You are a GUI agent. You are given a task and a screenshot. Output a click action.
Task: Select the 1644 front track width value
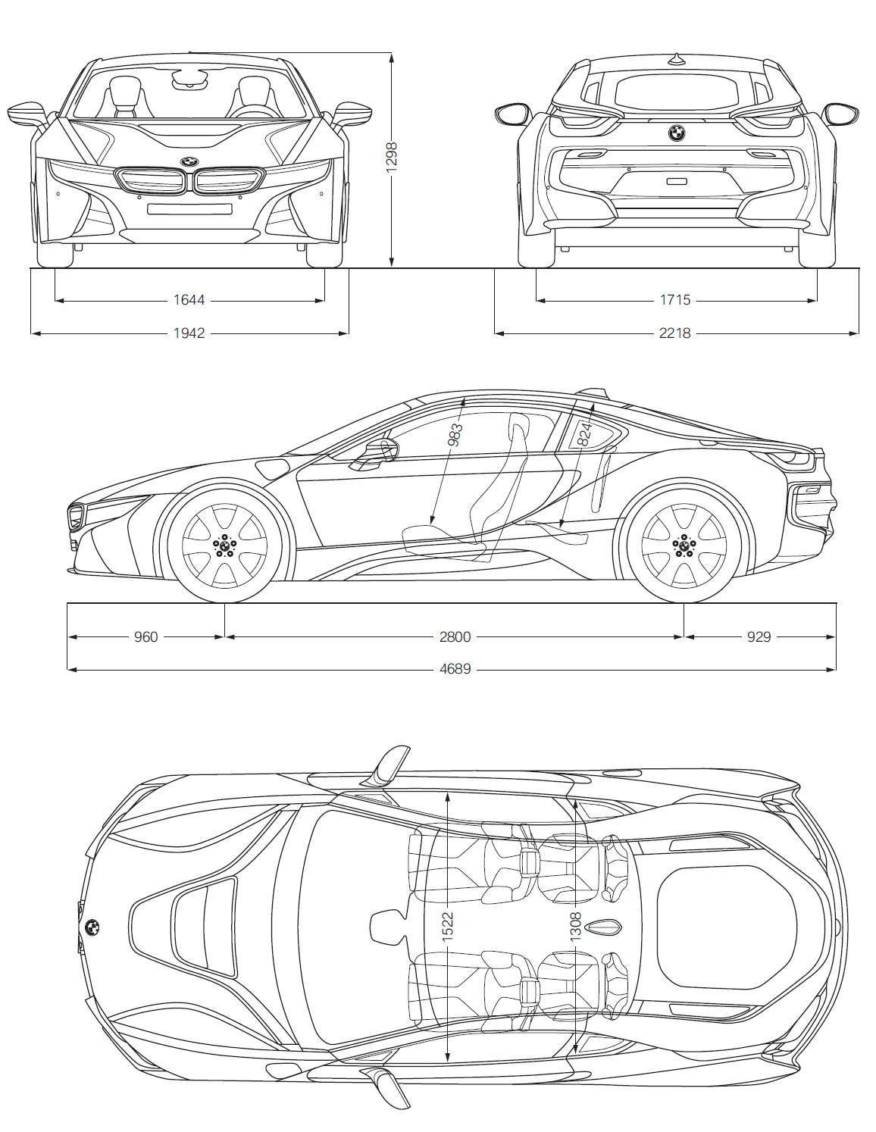tap(189, 300)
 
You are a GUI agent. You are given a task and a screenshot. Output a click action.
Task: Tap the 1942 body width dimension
tap(189, 333)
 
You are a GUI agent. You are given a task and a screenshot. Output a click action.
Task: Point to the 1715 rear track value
tap(675, 300)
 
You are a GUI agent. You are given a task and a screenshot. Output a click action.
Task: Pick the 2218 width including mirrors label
tap(675, 333)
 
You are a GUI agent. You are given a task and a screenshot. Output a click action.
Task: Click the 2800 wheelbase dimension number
tap(455, 636)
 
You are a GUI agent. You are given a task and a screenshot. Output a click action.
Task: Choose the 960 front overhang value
tap(145, 636)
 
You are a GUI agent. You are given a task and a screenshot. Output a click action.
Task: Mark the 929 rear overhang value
tap(759, 636)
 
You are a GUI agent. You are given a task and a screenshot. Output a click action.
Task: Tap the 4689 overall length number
tap(455, 669)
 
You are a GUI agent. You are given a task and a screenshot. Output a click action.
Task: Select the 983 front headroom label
tap(455, 435)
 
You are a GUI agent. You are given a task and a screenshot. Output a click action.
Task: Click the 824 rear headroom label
tap(585, 434)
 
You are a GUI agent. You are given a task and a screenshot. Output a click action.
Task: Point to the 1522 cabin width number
tap(447, 927)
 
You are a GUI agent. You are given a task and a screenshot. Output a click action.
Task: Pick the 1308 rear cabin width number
tap(575, 927)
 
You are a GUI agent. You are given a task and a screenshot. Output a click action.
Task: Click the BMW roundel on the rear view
tap(677, 133)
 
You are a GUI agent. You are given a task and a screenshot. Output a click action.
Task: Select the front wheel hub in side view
tap(224, 545)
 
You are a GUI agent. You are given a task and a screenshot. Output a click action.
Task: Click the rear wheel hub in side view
tap(684, 545)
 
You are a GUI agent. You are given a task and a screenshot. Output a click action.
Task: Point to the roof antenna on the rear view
tap(676, 59)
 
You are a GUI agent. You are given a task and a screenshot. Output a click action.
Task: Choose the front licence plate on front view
tap(189, 209)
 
